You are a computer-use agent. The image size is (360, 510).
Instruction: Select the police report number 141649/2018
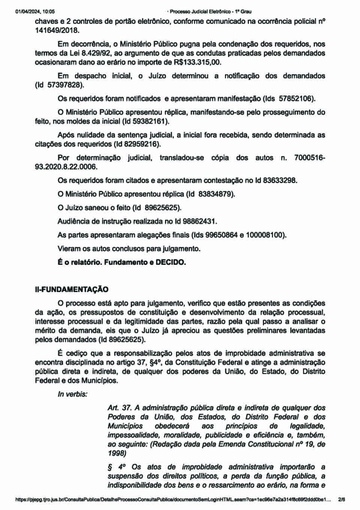pyautogui.click(x=57, y=30)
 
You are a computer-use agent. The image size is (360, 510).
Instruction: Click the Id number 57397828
pyautogui.click(x=64, y=85)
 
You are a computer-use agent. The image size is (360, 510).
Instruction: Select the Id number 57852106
pyautogui.click(x=296, y=99)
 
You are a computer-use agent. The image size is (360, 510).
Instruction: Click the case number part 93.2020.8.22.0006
pyautogui.click(x=66, y=167)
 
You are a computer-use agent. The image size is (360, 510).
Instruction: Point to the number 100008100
pyautogui.click(x=265, y=235)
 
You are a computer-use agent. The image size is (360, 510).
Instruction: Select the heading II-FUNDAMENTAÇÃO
pyautogui.click(x=72, y=289)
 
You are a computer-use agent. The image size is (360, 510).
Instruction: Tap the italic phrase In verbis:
pyautogui.click(x=72, y=394)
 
